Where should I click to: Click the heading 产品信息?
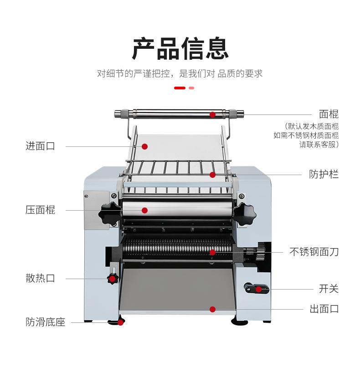coord(180,48)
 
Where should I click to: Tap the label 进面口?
coord(40,146)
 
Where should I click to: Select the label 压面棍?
coord(40,210)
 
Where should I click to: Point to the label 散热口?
coord(40,278)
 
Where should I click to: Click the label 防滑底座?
coord(46,322)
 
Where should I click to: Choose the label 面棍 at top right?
coord(329,114)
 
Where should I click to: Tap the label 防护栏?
coord(324,174)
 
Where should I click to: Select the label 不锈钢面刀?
coord(314,251)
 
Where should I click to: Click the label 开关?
coord(329,289)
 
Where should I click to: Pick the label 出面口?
coord(324,309)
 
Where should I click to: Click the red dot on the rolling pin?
coord(212,114)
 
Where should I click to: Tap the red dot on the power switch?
coord(258,289)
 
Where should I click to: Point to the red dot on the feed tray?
coord(144,146)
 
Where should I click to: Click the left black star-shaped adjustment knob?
coord(110,213)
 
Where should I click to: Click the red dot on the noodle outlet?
coord(212,309)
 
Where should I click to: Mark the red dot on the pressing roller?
coord(144,210)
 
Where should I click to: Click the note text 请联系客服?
coord(319,145)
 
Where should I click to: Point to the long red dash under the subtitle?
coord(180,88)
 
